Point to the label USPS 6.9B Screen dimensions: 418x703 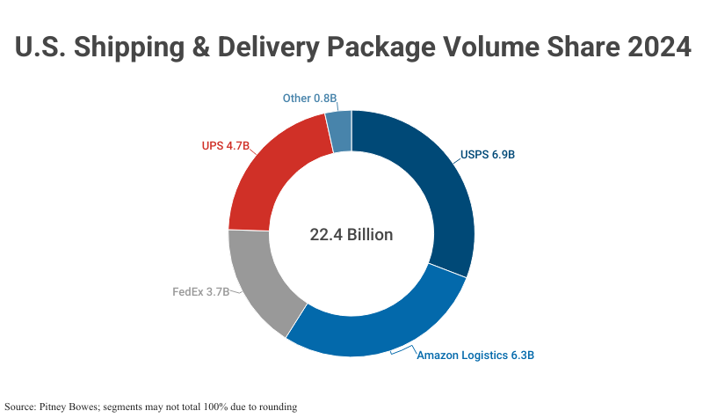487,155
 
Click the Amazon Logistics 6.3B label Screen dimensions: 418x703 475,356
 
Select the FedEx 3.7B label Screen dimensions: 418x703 200,291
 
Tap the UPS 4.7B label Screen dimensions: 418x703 226,145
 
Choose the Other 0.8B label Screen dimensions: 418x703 310,98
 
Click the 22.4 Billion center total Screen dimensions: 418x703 351,235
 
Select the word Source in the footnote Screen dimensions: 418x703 19,407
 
